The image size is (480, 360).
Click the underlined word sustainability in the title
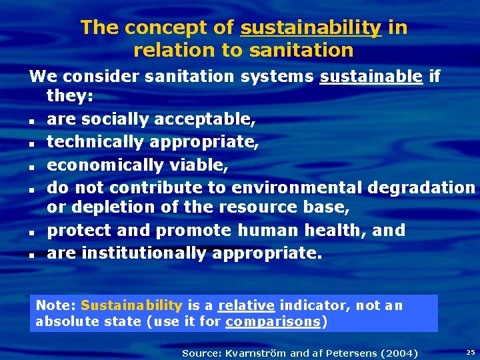pyautogui.click(x=311, y=28)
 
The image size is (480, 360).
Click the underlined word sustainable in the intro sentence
pyautogui.click(x=371, y=77)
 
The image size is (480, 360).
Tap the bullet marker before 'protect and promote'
pyautogui.click(x=31, y=233)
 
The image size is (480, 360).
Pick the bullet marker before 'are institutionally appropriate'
pyautogui.click(x=31, y=255)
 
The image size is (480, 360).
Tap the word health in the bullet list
pyautogui.click(x=335, y=231)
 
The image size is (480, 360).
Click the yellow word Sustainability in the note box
pyautogui.click(x=131, y=305)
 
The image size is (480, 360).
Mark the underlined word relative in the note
pyautogui.click(x=246, y=305)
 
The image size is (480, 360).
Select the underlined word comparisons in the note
pyautogui.click(x=273, y=322)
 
